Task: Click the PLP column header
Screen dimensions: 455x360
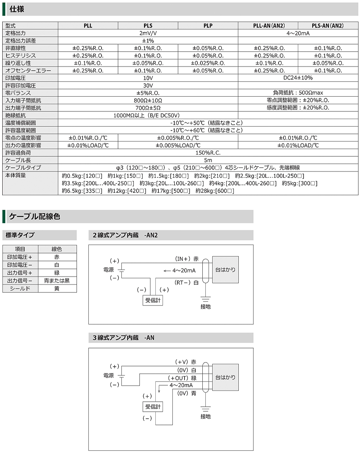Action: pos(208,26)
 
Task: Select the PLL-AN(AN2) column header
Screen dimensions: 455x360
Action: pos(268,26)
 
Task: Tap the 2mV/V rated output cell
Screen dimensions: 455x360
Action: pos(148,33)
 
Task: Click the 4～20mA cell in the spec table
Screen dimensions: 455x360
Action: pos(298,33)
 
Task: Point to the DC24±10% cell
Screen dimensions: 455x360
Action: pos(298,78)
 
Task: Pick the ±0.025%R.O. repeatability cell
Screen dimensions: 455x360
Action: pos(208,63)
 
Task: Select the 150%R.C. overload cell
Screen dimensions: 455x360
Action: pos(208,152)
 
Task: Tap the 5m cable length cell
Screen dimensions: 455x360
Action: pos(208,160)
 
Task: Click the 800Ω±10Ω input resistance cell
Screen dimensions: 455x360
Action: pos(148,100)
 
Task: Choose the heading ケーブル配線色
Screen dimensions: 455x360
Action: pos(34,217)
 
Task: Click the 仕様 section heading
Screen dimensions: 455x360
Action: pos(17,9)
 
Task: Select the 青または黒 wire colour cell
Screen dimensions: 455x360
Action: pos(56,281)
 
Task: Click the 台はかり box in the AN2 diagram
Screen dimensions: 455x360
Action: pos(225,270)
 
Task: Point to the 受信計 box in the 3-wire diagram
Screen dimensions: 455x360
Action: pos(153,407)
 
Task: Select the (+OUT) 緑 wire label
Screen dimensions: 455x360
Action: pos(183,378)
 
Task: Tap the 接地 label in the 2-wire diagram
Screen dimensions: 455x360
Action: pos(205,306)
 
